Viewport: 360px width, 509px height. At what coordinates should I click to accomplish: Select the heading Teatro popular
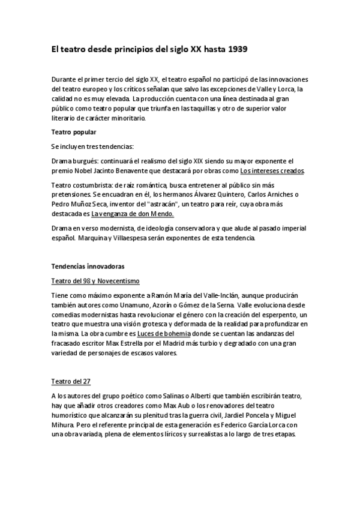pyautogui.click(x=73, y=131)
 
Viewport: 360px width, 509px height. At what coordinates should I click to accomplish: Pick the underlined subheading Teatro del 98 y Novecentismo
pyautogui.click(x=95, y=280)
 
